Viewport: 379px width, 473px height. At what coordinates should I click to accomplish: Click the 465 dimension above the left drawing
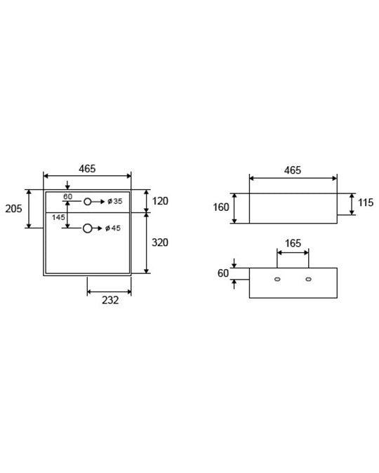(87, 169)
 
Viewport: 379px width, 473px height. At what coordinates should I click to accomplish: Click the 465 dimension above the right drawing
(293, 170)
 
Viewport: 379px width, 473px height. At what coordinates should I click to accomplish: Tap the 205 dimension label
(13, 209)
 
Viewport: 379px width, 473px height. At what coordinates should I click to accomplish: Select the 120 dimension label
(160, 201)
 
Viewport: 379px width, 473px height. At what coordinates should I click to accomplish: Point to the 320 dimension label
(160, 242)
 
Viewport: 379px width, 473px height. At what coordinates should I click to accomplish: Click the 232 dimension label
(110, 300)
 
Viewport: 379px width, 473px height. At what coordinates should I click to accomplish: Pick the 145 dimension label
(58, 217)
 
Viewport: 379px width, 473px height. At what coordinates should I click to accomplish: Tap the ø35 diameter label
(115, 201)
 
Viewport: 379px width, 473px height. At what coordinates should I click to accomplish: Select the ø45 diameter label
(113, 228)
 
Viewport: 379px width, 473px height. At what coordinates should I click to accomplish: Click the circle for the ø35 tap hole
(88, 202)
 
